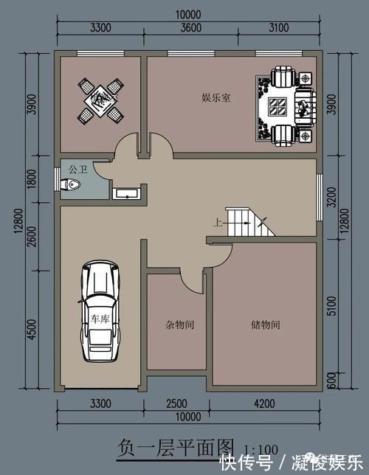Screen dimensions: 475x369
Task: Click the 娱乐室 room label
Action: pyautogui.click(x=215, y=97)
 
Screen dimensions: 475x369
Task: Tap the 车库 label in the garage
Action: pyautogui.click(x=99, y=319)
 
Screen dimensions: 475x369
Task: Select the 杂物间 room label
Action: pyautogui.click(x=179, y=324)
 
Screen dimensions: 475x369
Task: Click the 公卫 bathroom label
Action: pyautogui.click(x=77, y=169)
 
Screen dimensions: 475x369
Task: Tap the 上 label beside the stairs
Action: pyautogui.click(x=218, y=222)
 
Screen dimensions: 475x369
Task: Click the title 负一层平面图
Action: pyautogui.click(x=176, y=447)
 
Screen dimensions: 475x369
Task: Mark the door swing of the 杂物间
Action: pyautogui.click(x=194, y=280)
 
